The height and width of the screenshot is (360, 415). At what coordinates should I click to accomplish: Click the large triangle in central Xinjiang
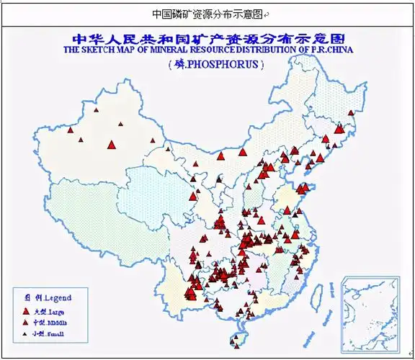(111, 144)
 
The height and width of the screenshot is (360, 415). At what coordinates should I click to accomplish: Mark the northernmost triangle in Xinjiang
(117, 123)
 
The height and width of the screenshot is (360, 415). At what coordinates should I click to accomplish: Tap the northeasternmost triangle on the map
(352, 112)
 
